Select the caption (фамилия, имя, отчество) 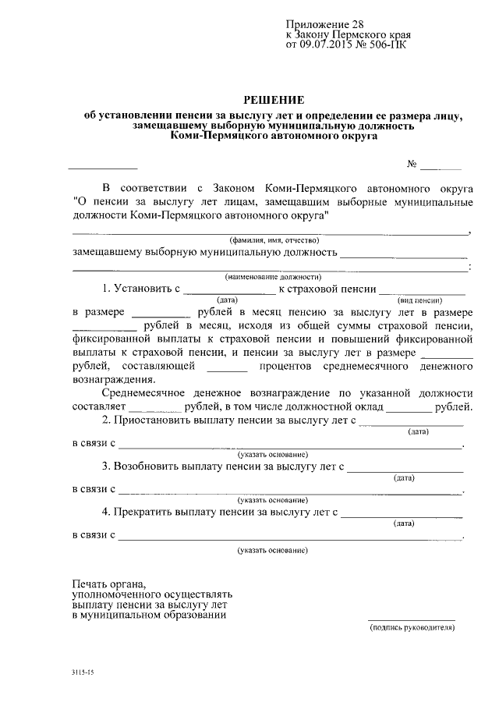point(272,241)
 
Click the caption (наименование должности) point(272,277)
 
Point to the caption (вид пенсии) point(420,300)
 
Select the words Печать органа point(108,584)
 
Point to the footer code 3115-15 point(80,672)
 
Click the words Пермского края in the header point(377,35)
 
